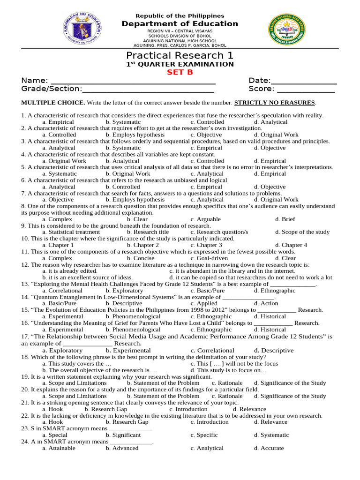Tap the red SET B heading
tap(180, 72)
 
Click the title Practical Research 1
tap(180, 56)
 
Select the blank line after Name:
tap(133, 81)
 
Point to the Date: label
tap(260, 81)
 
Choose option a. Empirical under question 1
tap(58, 122)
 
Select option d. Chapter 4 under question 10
tap(291, 245)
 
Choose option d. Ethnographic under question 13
tap(275, 291)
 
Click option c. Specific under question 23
tap(204, 435)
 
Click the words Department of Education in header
tap(180, 24)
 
